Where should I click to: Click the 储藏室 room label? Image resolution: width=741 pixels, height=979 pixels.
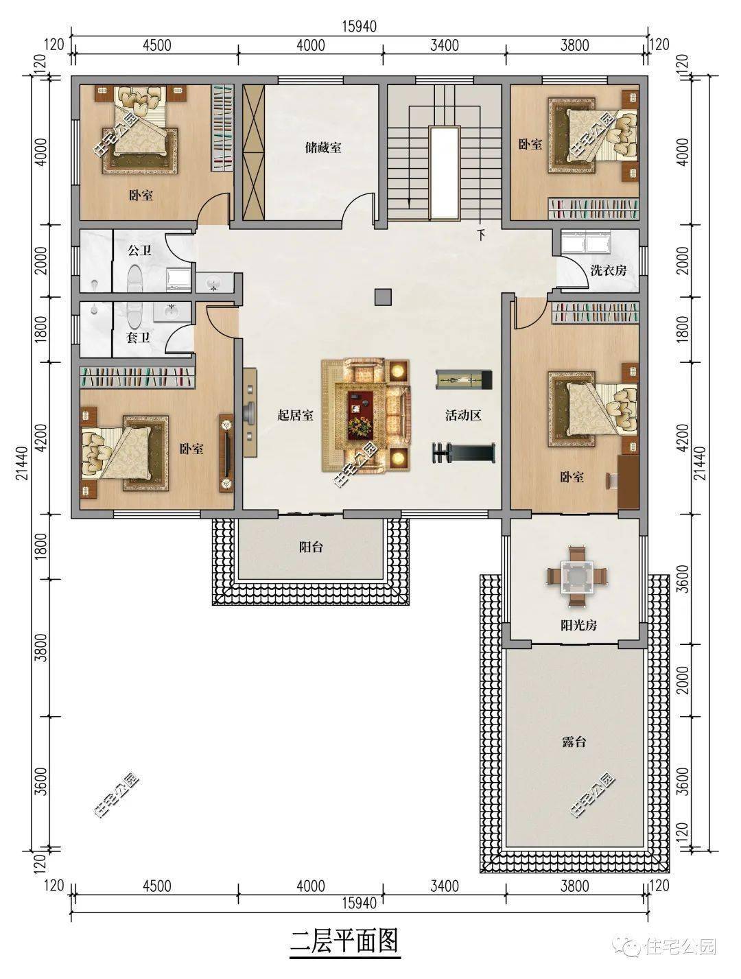click(x=323, y=147)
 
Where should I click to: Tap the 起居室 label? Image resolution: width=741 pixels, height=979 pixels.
click(x=295, y=415)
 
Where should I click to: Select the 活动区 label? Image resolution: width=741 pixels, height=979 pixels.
click(x=464, y=415)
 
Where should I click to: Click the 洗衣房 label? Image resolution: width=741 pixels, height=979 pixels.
click(x=608, y=270)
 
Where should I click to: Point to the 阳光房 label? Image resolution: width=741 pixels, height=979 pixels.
click(x=573, y=625)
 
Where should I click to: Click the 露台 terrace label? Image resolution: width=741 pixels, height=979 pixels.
click(x=573, y=742)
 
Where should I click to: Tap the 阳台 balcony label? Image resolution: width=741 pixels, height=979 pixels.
click(x=311, y=547)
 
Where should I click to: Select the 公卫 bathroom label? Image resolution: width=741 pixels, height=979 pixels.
click(x=139, y=251)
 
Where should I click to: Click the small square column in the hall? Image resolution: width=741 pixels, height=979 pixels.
click(x=382, y=296)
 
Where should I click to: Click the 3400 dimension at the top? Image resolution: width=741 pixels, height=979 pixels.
click(x=444, y=46)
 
